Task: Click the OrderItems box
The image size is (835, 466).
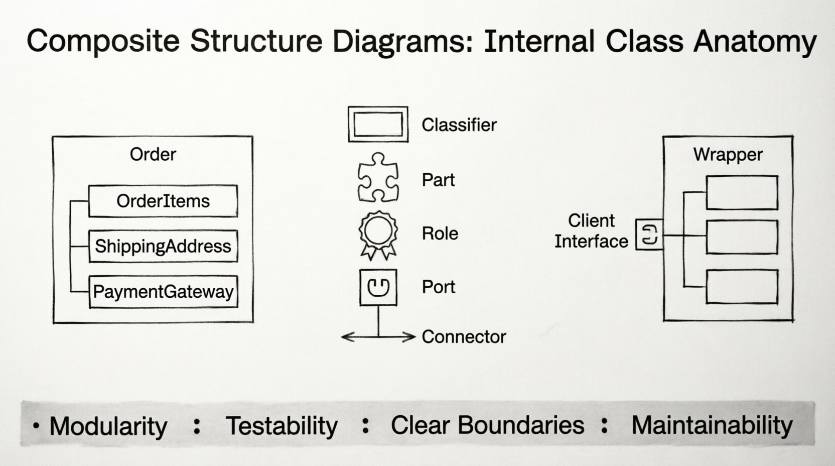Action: tap(163, 201)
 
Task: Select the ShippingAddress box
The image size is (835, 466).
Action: tap(163, 246)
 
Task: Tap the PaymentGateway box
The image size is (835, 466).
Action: tap(163, 291)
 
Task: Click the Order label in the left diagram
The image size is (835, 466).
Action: tap(153, 154)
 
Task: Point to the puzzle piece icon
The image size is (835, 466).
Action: tap(378, 177)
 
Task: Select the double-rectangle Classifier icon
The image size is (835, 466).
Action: tap(378, 124)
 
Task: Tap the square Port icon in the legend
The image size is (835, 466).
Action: tap(378, 287)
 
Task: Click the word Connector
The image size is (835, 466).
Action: tap(464, 336)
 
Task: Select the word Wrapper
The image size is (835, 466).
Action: tap(728, 154)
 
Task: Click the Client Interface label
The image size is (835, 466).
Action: tap(591, 231)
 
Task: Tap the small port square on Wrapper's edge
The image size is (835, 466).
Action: tap(649, 235)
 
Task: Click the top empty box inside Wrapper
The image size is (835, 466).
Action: tap(742, 192)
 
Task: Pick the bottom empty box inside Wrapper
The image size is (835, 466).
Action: tap(742, 287)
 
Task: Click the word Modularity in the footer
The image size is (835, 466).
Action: tap(108, 426)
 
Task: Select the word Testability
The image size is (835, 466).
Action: tap(282, 426)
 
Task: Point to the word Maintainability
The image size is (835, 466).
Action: tap(712, 425)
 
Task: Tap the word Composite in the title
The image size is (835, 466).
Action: tap(103, 41)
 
